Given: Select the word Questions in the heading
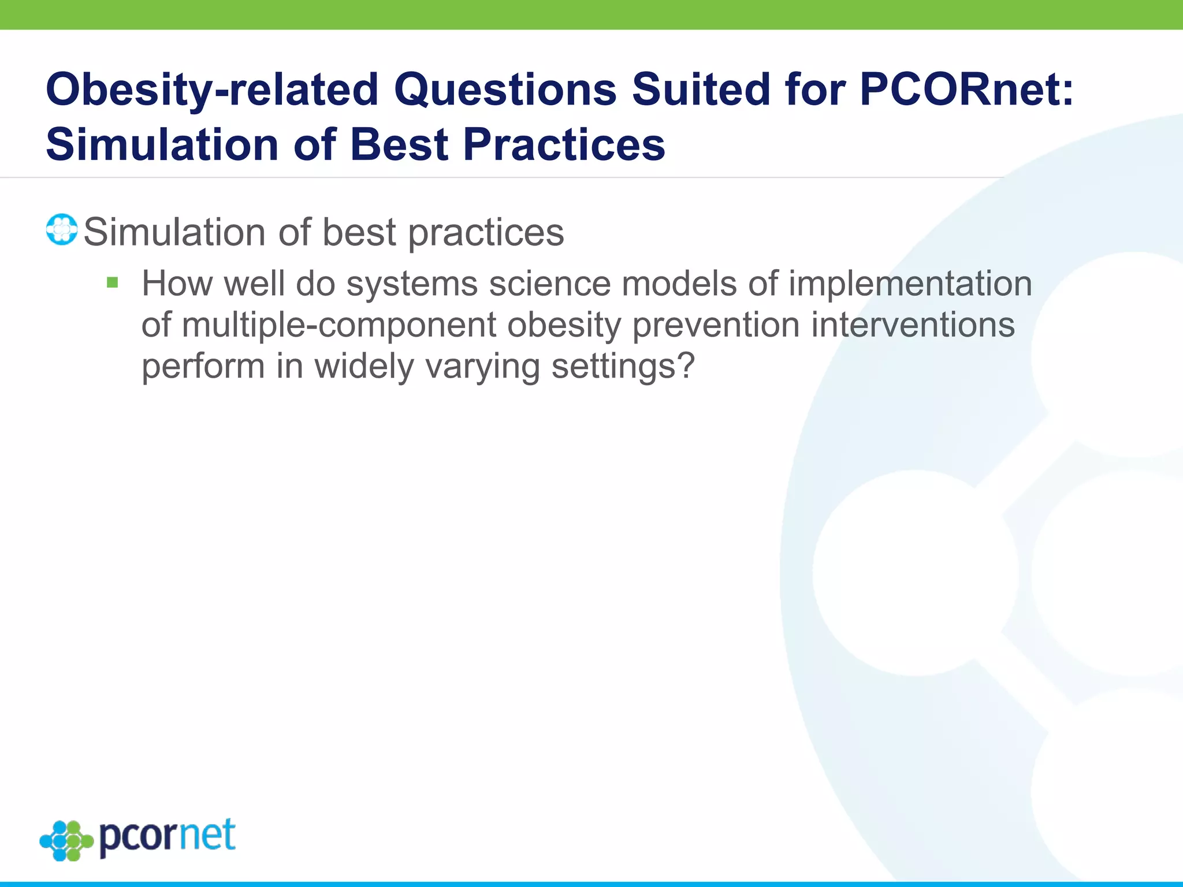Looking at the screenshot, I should tap(505, 90).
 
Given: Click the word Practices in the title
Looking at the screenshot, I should tap(564, 144).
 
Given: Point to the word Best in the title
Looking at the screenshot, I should tap(399, 144).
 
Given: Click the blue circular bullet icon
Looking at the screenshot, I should tap(62, 230).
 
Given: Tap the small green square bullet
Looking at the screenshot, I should tap(113, 283).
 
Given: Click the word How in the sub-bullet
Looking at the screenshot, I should tap(177, 284).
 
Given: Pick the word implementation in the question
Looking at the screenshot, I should tap(910, 284).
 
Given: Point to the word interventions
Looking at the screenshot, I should tap(913, 325).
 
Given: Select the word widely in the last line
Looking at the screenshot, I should tap(364, 366).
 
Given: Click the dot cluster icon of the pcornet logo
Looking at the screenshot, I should tap(66, 840).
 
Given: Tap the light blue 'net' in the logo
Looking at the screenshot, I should tap(208, 836).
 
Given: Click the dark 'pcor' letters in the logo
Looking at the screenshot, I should tap(139, 838).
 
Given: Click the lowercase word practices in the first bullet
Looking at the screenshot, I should tap(486, 233).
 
